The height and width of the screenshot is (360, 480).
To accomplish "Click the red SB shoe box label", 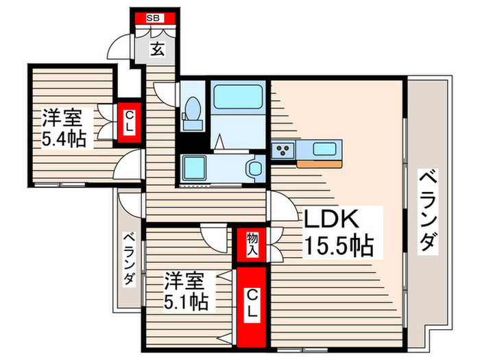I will pyautogui.click(x=154, y=18).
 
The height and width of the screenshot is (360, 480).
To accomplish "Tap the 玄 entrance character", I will pyautogui.click(x=157, y=49).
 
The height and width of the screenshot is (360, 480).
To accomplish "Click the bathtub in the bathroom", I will pyautogui.click(x=237, y=97).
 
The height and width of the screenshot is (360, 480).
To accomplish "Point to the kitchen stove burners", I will pyautogui.click(x=283, y=149).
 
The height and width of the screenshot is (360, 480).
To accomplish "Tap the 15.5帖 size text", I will pyautogui.click(x=339, y=245).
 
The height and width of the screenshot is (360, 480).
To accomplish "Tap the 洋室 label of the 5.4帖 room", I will pyautogui.click(x=63, y=115).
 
